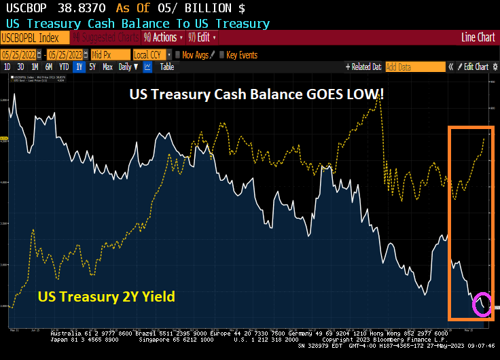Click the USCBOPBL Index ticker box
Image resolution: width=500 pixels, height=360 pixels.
(x=35, y=38)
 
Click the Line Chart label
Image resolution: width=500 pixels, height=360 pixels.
(x=478, y=38)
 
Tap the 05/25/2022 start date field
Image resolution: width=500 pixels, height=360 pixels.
(x=19, y=54)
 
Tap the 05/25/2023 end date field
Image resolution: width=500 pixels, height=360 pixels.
(x=65, y=54)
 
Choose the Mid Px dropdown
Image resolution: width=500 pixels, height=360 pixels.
(x=109, y=54)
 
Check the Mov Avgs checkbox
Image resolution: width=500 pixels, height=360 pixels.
(x=177, y=54)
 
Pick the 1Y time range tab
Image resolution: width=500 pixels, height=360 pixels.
(x=79, y=67)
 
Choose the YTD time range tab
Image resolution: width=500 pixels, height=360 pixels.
(x=64, y=67)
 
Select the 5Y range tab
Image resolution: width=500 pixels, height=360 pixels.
(x=93, y=67)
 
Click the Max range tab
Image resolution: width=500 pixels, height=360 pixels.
(x=107, y=67)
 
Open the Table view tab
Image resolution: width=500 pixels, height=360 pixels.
(x=166, y=67)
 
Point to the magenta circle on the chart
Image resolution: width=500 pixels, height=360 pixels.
(x=482, y=303)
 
